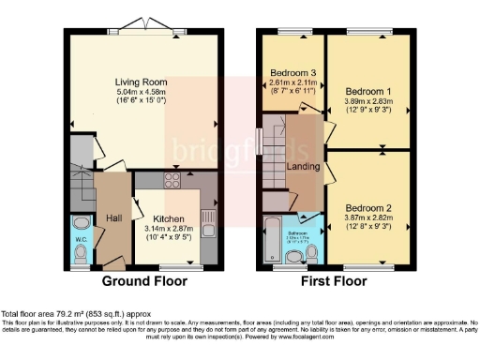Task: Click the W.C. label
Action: click(82, 250)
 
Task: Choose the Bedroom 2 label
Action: click(364, 207)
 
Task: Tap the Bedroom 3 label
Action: click(292, 72)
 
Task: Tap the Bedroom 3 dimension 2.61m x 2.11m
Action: click(292, 82)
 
